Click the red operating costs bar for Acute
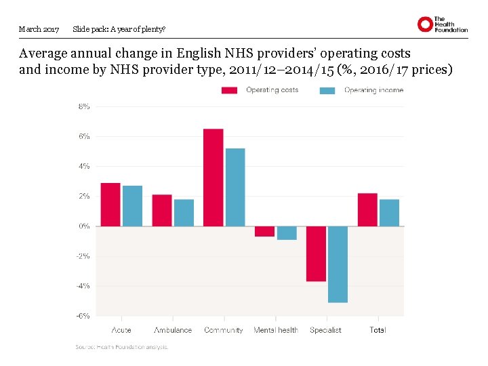point(110,204)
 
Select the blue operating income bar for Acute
point(133,205)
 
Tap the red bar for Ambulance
point(162,210)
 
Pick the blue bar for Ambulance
point(184,212)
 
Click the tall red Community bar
point(213,177)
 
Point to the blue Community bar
point(235,187)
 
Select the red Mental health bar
point(264,231)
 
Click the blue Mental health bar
point(287,232)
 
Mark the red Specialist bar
point(316,253)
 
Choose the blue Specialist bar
point(338,264)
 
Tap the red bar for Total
point(367,209)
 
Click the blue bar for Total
point(389,212)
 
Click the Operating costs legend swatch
point(230,90)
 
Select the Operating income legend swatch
point(327,90)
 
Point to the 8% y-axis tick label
point(84,106)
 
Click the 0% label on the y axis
point(84,226)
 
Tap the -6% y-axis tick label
point(83,315)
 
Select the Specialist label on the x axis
point(325,330)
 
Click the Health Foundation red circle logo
point(425,24)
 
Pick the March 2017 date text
point(39,29)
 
